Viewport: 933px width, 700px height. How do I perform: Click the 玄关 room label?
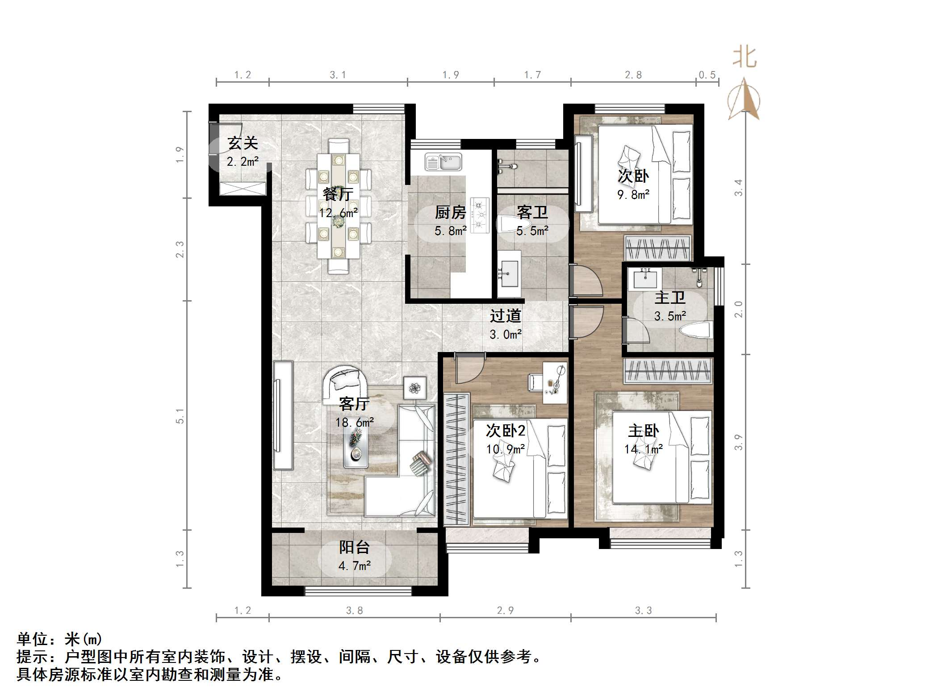243,143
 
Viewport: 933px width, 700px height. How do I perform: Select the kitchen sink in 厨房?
443,162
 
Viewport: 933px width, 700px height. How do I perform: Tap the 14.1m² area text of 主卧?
643,449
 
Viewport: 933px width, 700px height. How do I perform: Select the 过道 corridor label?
505,316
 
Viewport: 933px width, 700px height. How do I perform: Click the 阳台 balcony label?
354,547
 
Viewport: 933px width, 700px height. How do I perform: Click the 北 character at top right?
745,58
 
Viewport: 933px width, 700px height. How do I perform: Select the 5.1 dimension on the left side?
180,415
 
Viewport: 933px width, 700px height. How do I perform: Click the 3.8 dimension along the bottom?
354,610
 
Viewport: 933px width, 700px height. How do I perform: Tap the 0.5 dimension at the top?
707,75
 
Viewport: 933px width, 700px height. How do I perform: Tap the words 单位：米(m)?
59,639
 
